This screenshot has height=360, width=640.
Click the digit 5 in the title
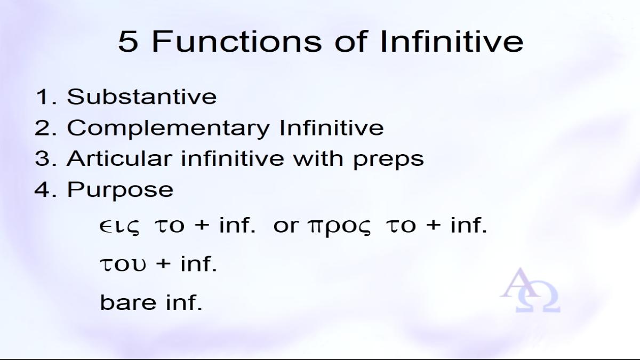click(x=129, y=42)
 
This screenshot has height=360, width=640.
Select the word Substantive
click(x=142, y=97)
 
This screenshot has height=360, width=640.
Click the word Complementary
click(x=169, y=129)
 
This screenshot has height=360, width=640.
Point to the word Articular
click(x=119, y=158)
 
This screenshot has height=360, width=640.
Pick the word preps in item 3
click(x=388, y=159)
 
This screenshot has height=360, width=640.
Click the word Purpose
click(x=121, y=190)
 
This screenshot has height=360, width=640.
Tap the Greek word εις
click(x=119, y=227)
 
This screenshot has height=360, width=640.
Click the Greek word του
click(x=123, y=264)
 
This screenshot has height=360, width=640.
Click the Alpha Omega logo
click(x=530, y=290)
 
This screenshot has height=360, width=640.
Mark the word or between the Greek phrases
click(x=286, y=227)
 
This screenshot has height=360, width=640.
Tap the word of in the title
click(x=351, y=42)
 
